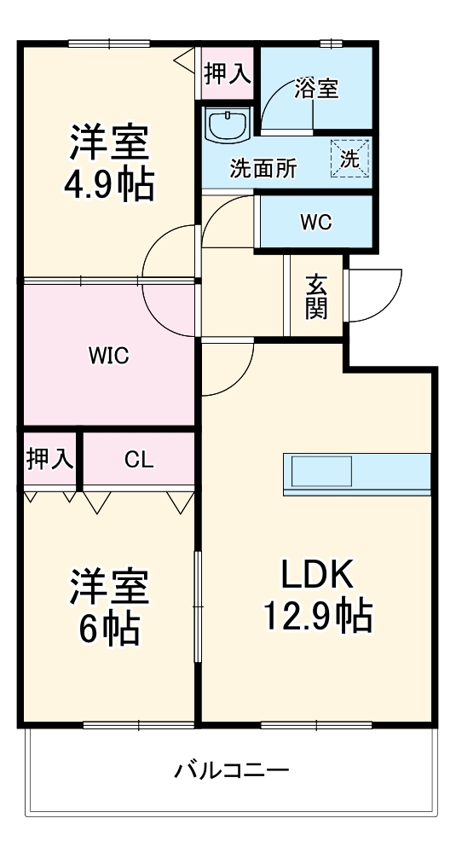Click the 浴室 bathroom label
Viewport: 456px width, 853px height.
pos(317,89)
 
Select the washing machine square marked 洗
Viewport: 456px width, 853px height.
pos(350,158)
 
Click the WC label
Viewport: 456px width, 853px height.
pos(315,222)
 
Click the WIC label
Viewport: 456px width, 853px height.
pos(108,356)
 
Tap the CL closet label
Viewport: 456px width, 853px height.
pos(138,461)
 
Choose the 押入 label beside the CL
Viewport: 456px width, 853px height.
pos(50,461)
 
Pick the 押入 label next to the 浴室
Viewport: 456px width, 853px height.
pos(228,74)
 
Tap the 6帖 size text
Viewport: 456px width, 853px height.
pos(109,629)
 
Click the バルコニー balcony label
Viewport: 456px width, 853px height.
pos(232,772)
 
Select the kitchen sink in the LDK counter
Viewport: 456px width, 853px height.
pos(321,470)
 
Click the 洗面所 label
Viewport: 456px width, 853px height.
pos(263,168)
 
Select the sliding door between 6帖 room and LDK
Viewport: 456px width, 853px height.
pos(197,606)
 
